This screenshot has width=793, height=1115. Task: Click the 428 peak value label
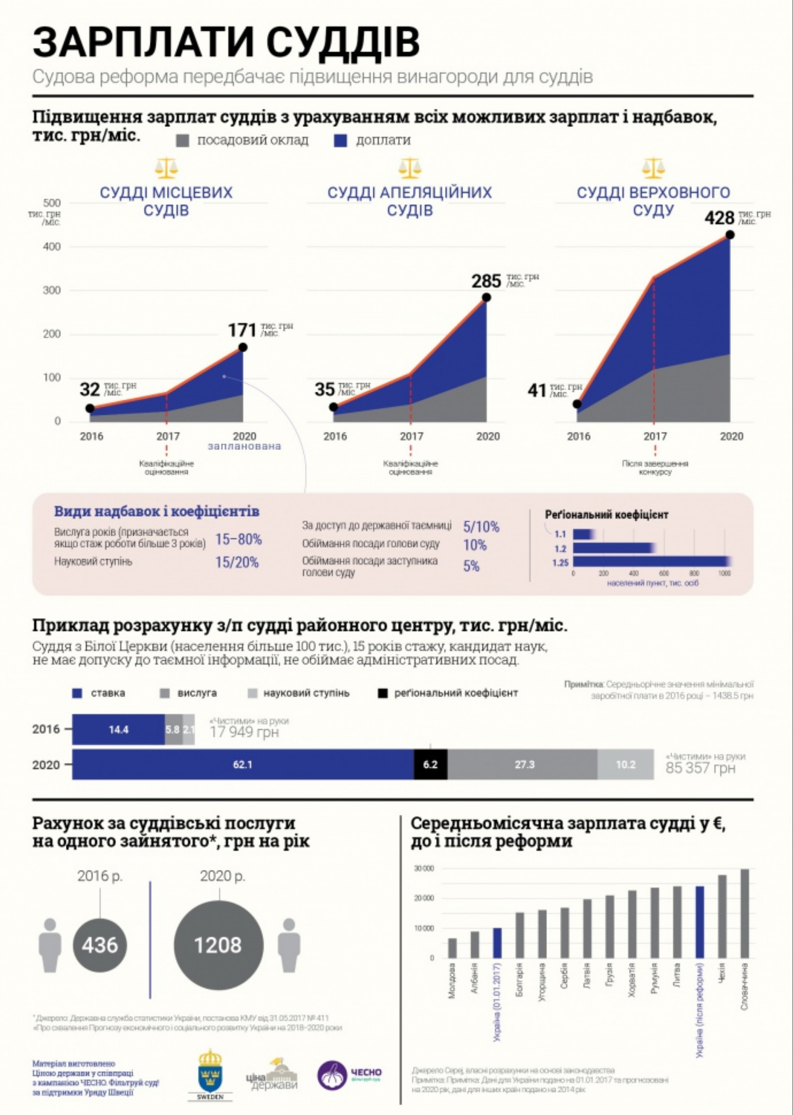(719, 218)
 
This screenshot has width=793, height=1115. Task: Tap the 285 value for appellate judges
(486, 281)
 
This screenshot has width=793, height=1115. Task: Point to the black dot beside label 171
(243, 347)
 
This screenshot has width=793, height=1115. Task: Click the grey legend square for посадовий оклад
(183, 141)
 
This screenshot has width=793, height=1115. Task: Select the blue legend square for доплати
(340, 141)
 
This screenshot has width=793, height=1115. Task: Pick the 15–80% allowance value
(238, 540)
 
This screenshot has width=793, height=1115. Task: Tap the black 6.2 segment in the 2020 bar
(430, 764)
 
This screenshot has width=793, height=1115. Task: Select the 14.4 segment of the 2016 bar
(119, 730)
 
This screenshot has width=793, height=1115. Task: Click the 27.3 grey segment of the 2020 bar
(523, 764)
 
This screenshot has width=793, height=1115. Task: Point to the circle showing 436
(100, 945)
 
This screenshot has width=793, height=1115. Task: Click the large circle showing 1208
(218, 945)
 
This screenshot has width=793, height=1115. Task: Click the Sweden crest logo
(210, 1073)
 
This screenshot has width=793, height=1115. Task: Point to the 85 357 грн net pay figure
(700, 768)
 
